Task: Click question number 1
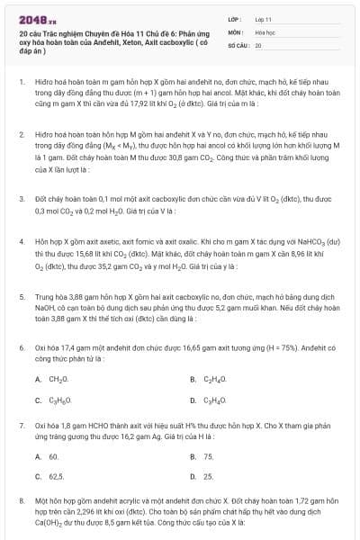coord(21,81)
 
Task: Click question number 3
coord(21,197)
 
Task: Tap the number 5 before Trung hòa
coord(21,294)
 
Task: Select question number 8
coord(21,499)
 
